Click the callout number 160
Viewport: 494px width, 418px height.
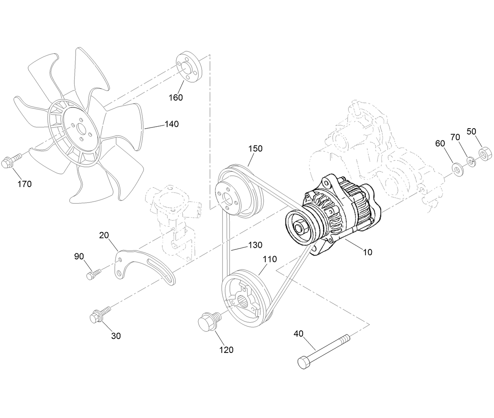(176, 97)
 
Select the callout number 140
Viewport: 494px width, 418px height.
(172, 124)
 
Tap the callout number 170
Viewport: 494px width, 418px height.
(24, 184)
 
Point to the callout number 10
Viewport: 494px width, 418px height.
(368, 252)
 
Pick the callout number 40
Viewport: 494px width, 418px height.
(298, 334)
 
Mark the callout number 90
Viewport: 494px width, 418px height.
(79, 256)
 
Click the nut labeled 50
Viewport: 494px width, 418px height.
(485, 153)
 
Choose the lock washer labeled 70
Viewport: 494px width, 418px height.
(471, 161)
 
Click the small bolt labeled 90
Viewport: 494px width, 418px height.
(93, 273)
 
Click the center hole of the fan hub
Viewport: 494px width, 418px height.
(82, 129)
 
